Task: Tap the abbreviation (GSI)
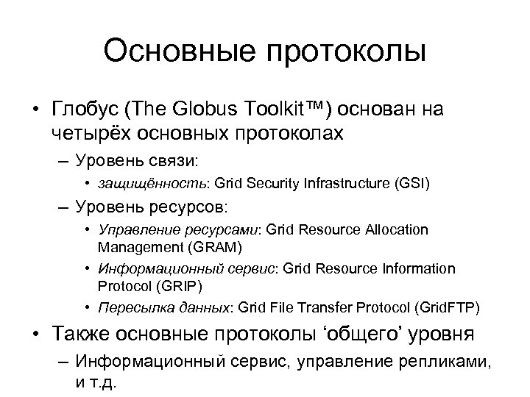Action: click(x=413, y=182)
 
